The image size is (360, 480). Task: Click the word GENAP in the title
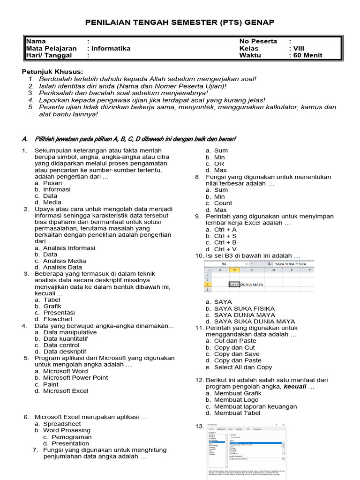(259, 22)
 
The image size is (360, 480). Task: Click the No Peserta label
(258, 41)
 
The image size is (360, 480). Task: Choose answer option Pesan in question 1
(52, 183)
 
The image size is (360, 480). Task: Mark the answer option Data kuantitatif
(65, 338)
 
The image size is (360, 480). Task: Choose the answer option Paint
(51, 384)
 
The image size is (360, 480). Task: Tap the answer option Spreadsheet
(62, 424)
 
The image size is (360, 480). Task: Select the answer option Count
(223, 203)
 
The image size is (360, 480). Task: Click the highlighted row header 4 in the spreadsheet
(208, 285)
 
